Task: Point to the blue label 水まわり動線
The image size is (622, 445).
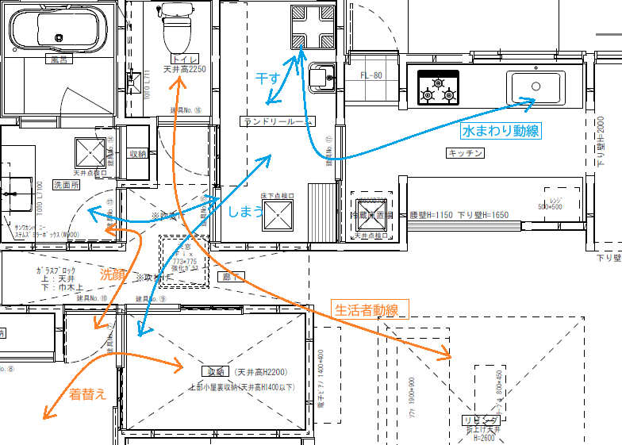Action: (501, 129)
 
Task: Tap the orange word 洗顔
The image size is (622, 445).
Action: (112, 274)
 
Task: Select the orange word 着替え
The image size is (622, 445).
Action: (87, 393)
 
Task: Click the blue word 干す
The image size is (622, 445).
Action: (267, 79)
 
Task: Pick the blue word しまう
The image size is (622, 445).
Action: (244, 212)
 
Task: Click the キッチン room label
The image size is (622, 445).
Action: (466, 153)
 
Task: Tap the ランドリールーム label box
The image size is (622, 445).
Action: (278, 121)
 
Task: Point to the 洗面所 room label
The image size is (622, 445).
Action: (67, 184)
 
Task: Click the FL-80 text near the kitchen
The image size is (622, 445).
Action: (371, 76)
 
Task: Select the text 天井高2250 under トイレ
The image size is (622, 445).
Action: (184, 69)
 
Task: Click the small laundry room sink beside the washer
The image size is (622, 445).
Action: (323, 78)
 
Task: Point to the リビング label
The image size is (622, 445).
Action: (480, 420)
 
